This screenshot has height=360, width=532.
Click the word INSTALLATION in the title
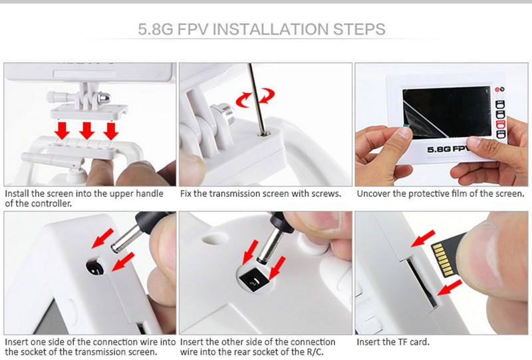coord(271,29)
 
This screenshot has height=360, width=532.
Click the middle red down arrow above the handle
coord(87,130)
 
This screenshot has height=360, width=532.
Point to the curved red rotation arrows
coord(255,96)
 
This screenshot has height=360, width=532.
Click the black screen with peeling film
coord(447,112)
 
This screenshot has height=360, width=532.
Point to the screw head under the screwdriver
coord(263,134)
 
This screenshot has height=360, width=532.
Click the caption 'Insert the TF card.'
coord(393,341)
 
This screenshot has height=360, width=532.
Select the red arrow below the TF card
coord(450,287)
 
